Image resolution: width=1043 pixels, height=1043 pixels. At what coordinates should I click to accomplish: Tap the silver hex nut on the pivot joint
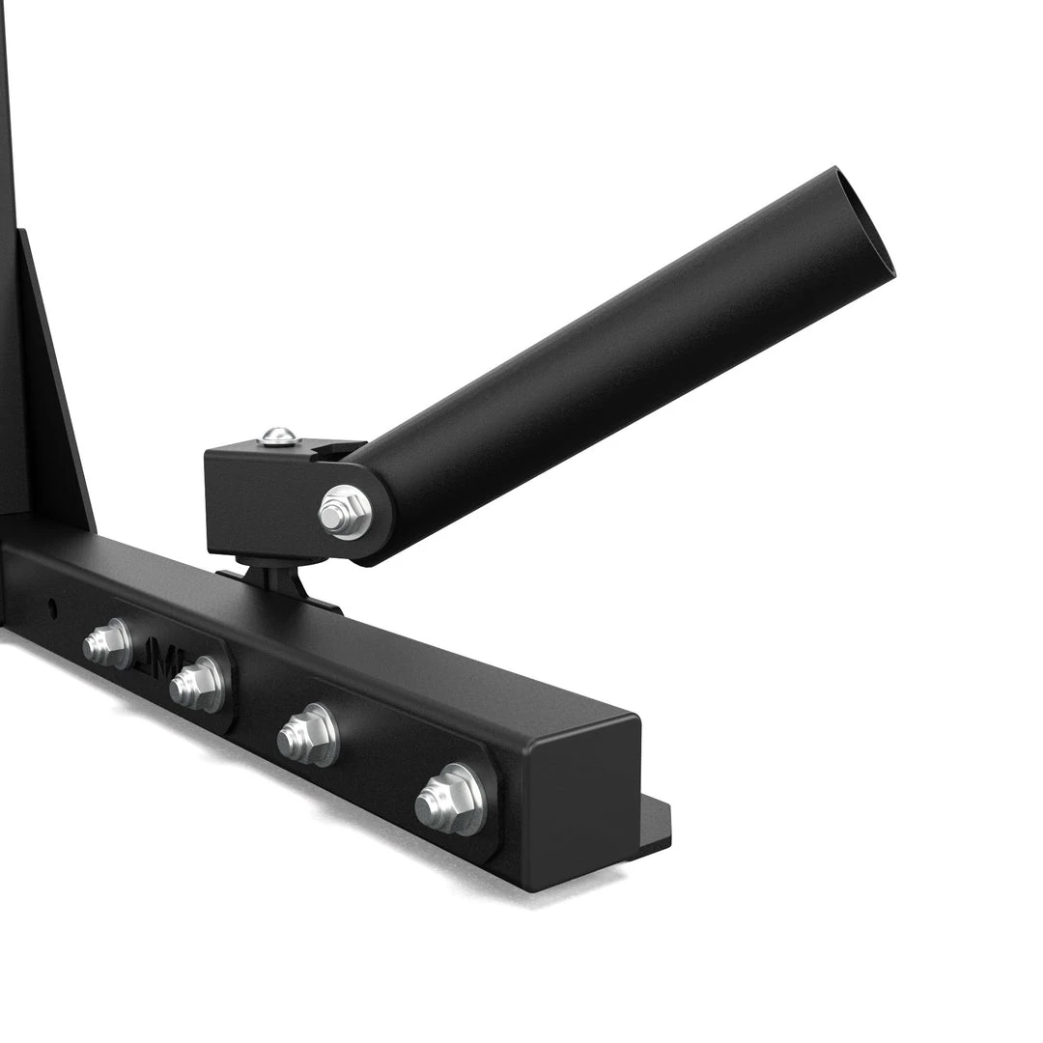[x=346, y=512]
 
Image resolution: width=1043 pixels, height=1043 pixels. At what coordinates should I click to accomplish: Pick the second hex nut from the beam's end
[x=306, y=737]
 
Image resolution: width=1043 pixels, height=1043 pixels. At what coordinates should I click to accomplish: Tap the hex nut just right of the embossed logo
[x=197, y=685]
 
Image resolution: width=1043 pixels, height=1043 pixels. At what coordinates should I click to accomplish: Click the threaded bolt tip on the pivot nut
[x=333, y=517]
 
